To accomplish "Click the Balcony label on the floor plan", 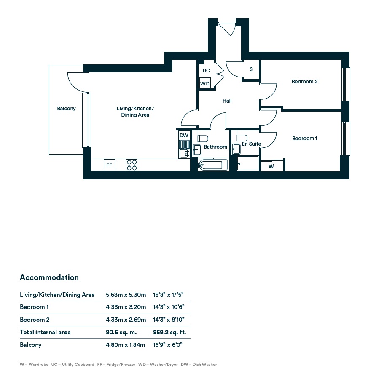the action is (x=66, y=109).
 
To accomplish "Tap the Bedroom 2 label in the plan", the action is (x=304, y=81).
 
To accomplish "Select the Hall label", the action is (x=227, y=101).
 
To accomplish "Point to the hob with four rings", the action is (x=132, y=165).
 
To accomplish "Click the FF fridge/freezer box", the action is (x=109, y=165).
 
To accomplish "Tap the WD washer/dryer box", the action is (x=205, y=83).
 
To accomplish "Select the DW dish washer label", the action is (x=184, y=136).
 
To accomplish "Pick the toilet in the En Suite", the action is (x=242, y=138).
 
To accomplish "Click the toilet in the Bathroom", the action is (x=203, y=139).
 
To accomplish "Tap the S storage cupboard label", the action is (x=251, y=69).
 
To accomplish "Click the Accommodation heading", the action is (x=49, y=277).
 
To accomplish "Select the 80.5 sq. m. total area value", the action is (x=121, y=332).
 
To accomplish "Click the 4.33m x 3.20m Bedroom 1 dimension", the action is (x=126, y=307).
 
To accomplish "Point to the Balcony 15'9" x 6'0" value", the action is (x=168, y=345).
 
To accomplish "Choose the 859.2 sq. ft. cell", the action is (x=169, y=332).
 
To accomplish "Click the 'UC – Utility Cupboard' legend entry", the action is (x=73, y=365).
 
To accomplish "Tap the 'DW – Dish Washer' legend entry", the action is (x=199, y=365).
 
